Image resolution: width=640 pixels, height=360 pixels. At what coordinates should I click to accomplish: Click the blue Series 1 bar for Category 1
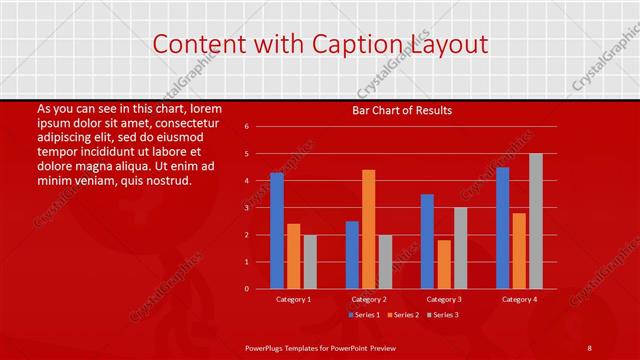point(277,231)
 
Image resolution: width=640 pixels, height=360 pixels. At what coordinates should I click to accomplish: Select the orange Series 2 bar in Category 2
point(368,229)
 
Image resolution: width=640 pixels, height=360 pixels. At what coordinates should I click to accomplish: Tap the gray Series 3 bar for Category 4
point(535,221)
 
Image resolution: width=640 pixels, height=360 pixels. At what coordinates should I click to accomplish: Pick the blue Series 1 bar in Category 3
point(427,241)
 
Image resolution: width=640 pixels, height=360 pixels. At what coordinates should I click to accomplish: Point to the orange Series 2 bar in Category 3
point(443,264)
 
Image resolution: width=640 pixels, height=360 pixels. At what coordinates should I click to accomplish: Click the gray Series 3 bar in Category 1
point(310,262)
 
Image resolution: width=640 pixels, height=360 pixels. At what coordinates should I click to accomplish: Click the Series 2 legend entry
point(401,315)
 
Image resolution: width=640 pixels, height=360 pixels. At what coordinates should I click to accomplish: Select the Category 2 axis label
point(368,299)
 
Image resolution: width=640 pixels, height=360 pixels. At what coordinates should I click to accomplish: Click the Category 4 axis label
point(518,299)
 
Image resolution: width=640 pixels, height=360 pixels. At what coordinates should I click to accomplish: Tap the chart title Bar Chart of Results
point(403,110)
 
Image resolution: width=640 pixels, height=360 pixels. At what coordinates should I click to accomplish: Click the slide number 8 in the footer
point(590,346)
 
